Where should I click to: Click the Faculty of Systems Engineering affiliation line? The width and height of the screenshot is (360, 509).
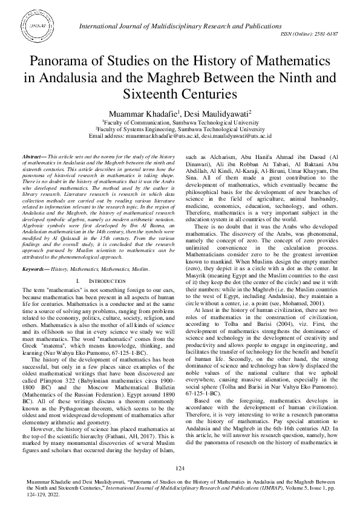(180, 129)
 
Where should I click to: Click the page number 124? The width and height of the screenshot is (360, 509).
(180, 469)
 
